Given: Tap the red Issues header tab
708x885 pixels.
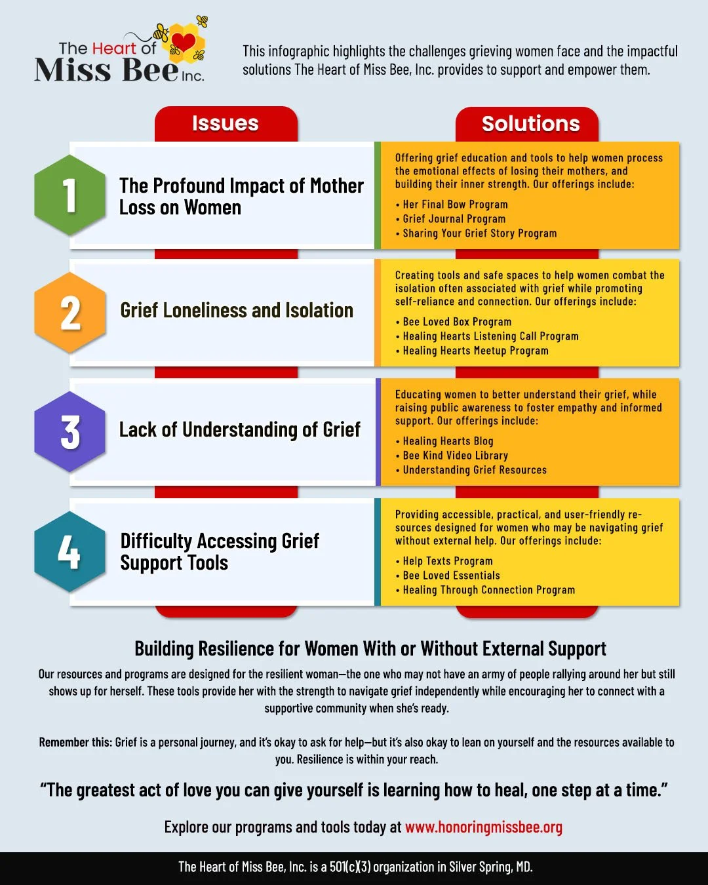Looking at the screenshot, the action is (226, 124).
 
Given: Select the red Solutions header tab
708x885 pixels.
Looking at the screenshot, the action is (530, 124).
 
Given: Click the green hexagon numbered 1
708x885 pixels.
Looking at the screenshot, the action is (69, 195).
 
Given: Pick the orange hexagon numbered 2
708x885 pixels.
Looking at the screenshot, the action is (69, 313).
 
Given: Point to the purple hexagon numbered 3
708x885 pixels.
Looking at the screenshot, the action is (69, 432).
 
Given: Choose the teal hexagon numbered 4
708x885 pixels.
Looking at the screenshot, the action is (69, 552).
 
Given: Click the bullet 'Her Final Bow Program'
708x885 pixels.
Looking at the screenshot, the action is (455, 205).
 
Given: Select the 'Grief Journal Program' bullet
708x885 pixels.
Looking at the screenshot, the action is (454, 219).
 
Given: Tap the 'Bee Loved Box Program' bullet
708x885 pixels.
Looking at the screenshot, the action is (457, 322).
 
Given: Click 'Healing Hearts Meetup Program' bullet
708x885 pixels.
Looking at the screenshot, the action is (475, 351).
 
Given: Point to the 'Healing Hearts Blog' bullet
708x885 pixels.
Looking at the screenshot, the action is (448, 441).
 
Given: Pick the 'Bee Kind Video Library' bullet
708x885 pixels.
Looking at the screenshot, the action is (455, 456).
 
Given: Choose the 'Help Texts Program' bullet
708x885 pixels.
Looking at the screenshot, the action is (447, 561).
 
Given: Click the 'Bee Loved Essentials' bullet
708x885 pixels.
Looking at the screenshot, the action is (451, 576).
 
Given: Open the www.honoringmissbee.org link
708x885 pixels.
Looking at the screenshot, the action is (483, 827).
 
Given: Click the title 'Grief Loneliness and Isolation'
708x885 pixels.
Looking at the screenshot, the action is (237, 310).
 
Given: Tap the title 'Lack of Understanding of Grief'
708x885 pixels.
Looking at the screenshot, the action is (239, 429).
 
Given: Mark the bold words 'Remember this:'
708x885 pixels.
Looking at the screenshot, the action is (75, 742).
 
